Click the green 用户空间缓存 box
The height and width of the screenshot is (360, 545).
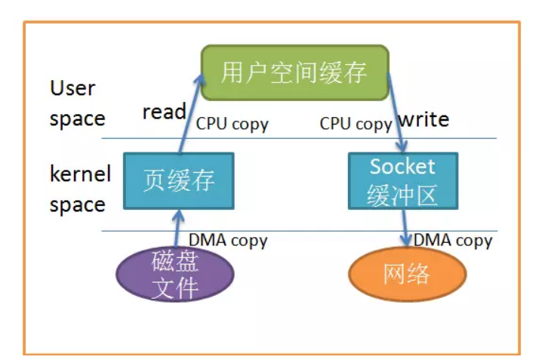(294, 72)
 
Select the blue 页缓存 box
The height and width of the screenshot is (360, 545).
(179, 181)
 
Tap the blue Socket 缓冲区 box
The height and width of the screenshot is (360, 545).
(402, 181)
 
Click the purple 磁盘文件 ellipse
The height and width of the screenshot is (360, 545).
(175, 275)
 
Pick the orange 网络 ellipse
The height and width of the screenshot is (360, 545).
(407, 274)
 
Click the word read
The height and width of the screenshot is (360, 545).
(164, 112)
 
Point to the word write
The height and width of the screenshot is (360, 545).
(423, 119)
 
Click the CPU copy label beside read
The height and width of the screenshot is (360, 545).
(232, 125)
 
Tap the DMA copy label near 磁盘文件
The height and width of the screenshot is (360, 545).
(227, 241)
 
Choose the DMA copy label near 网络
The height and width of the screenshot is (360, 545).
(452, 241)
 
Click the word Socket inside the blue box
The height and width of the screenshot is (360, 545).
(402, 167)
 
